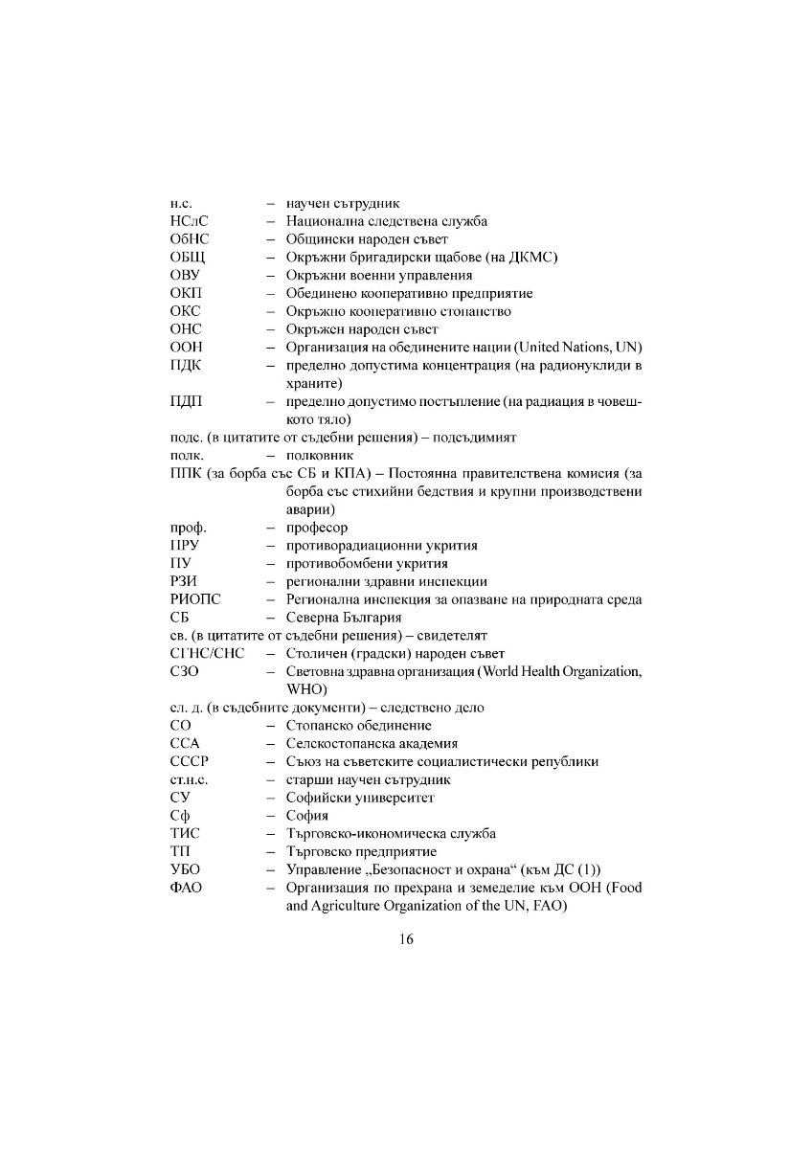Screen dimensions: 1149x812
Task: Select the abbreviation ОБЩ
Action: coord(188,258)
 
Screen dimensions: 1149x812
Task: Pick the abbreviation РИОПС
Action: coord(195,599)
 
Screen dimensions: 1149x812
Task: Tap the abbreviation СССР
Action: coord(190,761)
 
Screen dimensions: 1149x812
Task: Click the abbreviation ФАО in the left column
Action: coord(187,888)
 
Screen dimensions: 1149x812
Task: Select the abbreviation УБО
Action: coord(185,869)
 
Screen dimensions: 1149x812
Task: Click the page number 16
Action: coord(406,939)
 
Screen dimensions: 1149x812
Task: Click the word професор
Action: coord(317,528)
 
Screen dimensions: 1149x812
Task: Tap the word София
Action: coord(307,816)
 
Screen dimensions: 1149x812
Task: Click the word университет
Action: coord(393,798)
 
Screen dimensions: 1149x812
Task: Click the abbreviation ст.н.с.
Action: coord(190,779)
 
